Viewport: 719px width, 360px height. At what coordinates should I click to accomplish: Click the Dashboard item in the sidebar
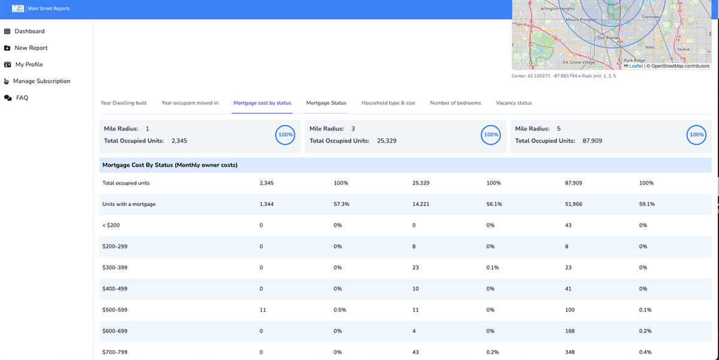coord(29,31)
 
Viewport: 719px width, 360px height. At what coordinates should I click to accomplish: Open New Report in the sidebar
coord(31,48)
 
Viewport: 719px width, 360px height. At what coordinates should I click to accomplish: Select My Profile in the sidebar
coord(29,65)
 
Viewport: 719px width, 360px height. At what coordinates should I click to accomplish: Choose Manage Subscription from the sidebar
coord(41,81)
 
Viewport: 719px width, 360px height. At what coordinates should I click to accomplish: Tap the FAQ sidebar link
coord(22,98)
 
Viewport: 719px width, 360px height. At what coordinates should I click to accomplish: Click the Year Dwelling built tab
coord(123,103)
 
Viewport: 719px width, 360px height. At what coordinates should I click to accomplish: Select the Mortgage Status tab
coord(326,103)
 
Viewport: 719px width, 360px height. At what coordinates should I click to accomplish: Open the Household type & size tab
coord(388,103)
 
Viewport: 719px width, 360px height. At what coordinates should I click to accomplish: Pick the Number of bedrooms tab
coord(455,103)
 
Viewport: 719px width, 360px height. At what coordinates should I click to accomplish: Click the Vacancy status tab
coord(513,103)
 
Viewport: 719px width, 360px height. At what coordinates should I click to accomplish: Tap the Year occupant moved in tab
coord(190,103)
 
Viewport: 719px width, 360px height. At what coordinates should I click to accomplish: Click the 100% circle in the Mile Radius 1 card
coord(285,135)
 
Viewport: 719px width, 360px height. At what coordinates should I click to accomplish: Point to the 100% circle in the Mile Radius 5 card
coord(696,135)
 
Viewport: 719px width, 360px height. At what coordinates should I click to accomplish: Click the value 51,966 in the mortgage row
coord(574,204)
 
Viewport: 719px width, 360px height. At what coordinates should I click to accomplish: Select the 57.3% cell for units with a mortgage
coord(342,204)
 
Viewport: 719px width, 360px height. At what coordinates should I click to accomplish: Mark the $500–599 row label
coord(115,310)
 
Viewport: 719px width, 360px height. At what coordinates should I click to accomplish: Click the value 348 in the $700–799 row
coord(570,352)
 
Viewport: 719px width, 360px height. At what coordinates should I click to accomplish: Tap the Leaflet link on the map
coord(636,66)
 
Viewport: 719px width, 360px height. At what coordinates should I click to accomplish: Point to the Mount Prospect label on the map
coord(581,20)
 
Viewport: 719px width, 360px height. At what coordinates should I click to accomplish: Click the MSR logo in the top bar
coord(18,8)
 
